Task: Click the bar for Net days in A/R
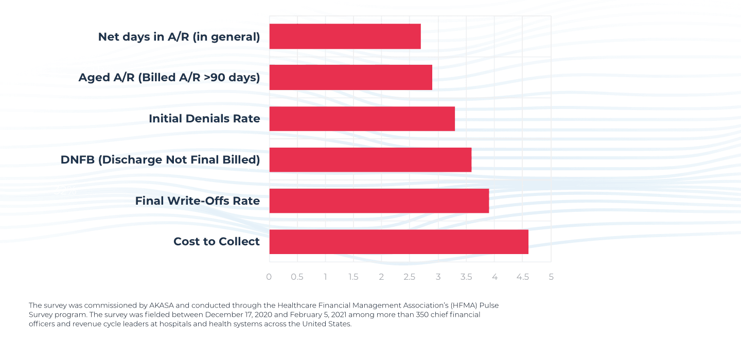click(x=345, y=37)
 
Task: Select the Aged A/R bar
click(x=350, y=78)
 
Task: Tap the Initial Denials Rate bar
click(x=362, y=119)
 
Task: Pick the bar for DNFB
click(x=370, y=160)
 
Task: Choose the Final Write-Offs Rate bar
click(x=379, y=201)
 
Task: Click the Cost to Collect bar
click(x=398, y=242)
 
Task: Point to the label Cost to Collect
click(x=217, y=242)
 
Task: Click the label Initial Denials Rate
click(x=204, y=119)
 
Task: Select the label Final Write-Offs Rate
click(x=197, y=201)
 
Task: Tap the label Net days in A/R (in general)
click(x=179, y=37)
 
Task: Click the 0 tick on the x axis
click(x=269, y=277)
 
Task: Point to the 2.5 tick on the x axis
click(x=410, y=277)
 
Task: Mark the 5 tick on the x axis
click(x=551, y=277)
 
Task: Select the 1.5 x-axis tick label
click(x=354, y=277)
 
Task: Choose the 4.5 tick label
click(x=522, y=277)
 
